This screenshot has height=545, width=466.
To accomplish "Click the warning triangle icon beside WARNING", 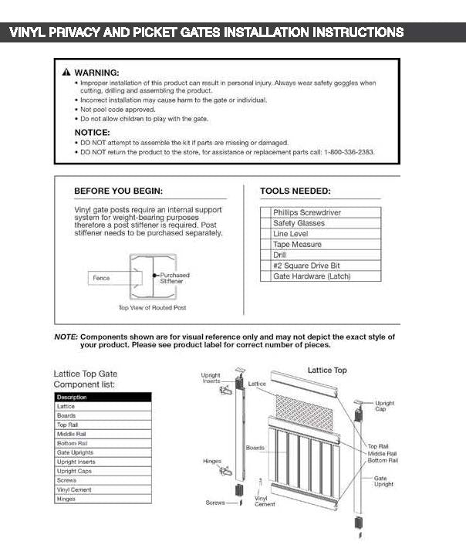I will point(66,72).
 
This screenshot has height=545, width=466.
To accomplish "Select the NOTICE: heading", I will point(92,132).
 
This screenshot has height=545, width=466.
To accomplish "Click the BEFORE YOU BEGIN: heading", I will point(118,191).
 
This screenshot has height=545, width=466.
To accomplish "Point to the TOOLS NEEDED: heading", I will point(295,191).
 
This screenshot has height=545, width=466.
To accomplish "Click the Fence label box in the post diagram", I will point(101,278).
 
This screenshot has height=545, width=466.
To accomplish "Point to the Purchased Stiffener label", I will point(174,278).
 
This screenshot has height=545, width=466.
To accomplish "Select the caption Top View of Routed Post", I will point(152,308).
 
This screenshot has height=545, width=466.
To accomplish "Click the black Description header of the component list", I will point(103,397).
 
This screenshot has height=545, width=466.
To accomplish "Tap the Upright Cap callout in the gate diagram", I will point(384,406).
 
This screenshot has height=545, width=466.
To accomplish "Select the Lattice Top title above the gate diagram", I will point(327,371).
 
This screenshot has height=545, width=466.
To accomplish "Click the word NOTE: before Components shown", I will point(66,337).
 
